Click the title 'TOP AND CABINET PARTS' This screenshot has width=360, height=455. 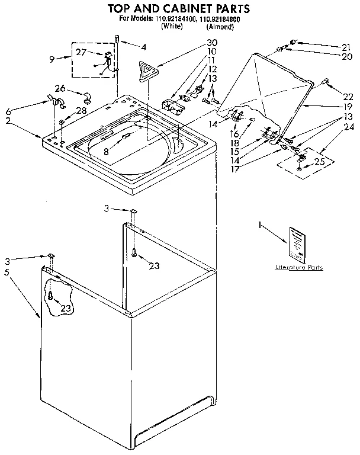pyautogui.click(x=177, y=8)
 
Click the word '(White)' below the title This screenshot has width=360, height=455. pyautogui.click(x=171, y=27)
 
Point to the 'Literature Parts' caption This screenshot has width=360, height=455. pyautogui.click(x=299, y=268)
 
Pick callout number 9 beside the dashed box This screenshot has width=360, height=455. pyautogui.click(x=52, y=58)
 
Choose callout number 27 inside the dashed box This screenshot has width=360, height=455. pyautogui.click(x=81, y=52)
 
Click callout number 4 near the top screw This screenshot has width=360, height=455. pyautogui.click(x=143, y=46)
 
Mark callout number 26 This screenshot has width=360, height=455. pyautogui.click(x=60, y=88)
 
